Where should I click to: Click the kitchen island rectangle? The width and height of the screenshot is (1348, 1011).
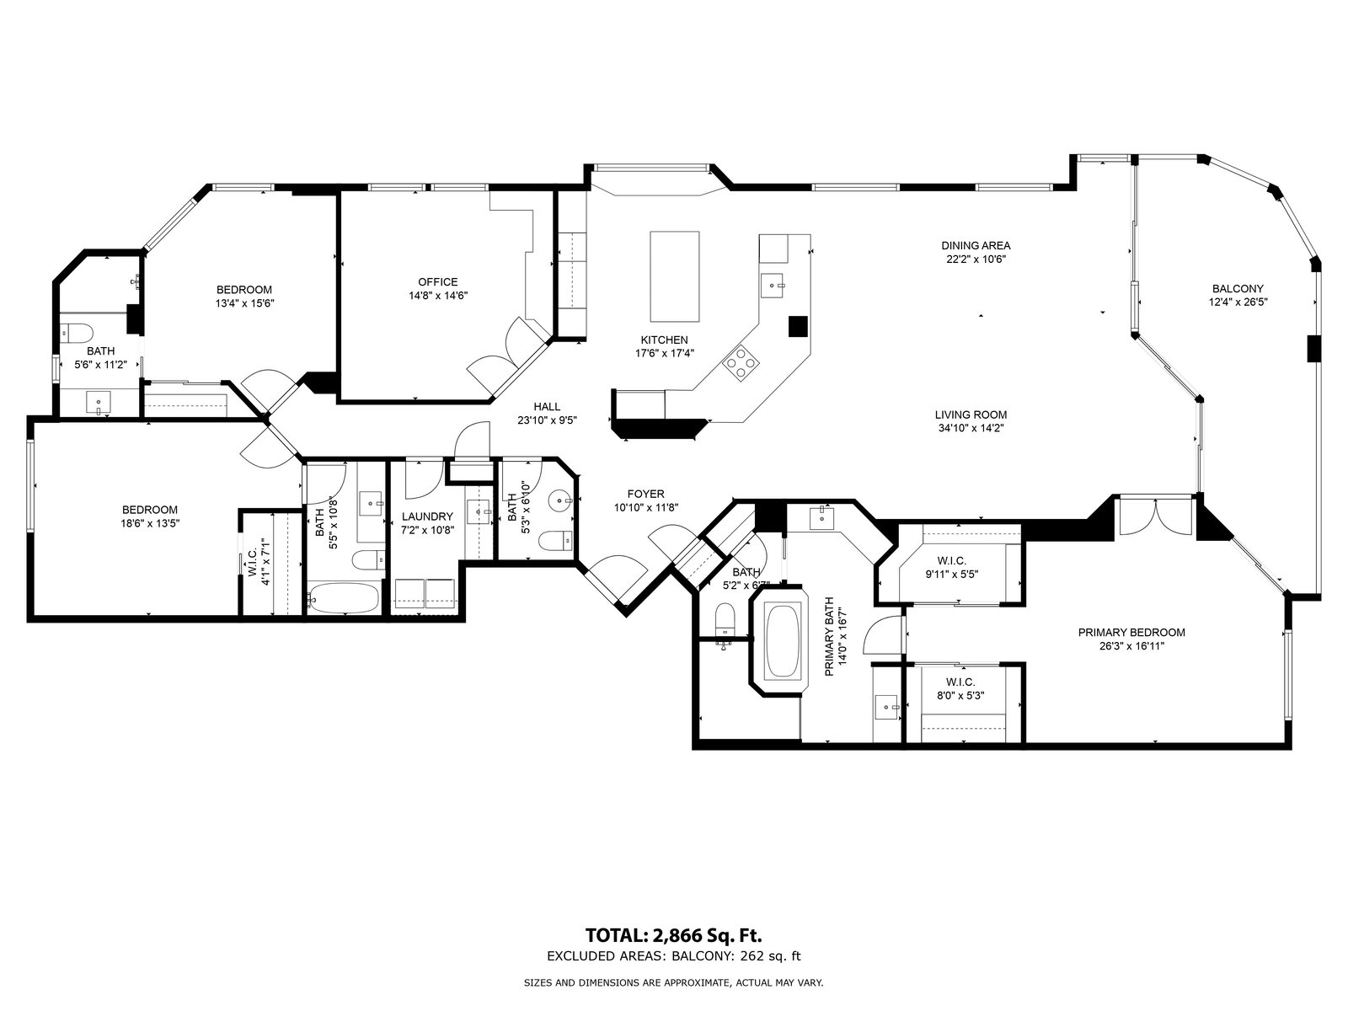coord(674,276)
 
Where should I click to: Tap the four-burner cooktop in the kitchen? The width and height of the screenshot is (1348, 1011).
coord(740,362)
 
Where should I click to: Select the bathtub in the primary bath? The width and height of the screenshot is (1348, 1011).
coord(783,640)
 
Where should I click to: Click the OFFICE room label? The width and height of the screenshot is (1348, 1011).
coord(438,281)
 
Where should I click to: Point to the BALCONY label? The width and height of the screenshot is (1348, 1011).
coord(1238,288)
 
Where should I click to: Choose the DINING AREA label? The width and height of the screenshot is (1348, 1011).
coord(976,245)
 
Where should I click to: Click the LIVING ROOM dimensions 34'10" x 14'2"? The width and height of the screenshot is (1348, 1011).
coord(971,429)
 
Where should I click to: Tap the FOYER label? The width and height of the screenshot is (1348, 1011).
coord(646,495)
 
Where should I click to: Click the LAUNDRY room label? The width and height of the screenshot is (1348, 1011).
coord(427,516)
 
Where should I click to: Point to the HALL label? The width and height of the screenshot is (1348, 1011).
coord(547,406)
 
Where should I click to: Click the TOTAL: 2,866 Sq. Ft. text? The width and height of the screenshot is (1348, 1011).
coord(674,936)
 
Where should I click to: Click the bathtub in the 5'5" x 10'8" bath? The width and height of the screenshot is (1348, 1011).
coord(343,597)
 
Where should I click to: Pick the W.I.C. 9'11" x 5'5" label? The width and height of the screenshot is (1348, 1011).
coord(952,568)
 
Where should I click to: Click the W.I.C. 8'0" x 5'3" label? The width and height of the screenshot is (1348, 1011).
coord(960,688)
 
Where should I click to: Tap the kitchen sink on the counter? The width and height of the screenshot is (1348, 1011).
coord(773,286)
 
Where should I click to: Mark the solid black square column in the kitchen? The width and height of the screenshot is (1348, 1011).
coord(798,326)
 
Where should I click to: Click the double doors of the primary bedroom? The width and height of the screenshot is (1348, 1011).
coord(1156,516)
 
